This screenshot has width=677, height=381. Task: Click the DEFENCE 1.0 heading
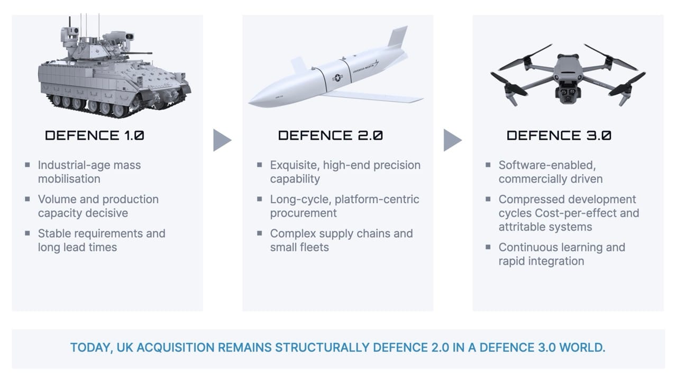pyautogui.click(x=95, y=135)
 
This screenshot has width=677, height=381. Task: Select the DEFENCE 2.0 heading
pyautogui.click(x=331, y=135)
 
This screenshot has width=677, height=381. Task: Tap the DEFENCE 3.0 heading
pyautogui.click(x=559, y=135)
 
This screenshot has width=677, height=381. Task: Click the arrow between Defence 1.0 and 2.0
pyautogui.click(x=222, y=140)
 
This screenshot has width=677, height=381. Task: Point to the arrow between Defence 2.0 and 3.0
pyautogui.click(x=452, y=140)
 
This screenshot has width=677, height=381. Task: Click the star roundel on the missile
pyautogui.click(x=337, y=78)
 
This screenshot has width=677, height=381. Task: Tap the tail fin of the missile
pyautogui.click(x=398, y=37)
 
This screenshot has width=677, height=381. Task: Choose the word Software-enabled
pyautogui.click(x=547, y=165)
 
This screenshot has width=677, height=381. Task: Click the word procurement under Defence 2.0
pyautogui.click(x=303, y=213)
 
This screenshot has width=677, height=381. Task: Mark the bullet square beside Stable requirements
pyautogui.click(x=28, y=233)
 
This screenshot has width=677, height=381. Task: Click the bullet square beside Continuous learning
pyautogui.click(x=488, y=247)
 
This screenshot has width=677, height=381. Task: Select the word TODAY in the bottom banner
pyautogui.click(x=92, y=348)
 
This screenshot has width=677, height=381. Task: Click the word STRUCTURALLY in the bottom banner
pyautogui.click(x=322, y=348)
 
